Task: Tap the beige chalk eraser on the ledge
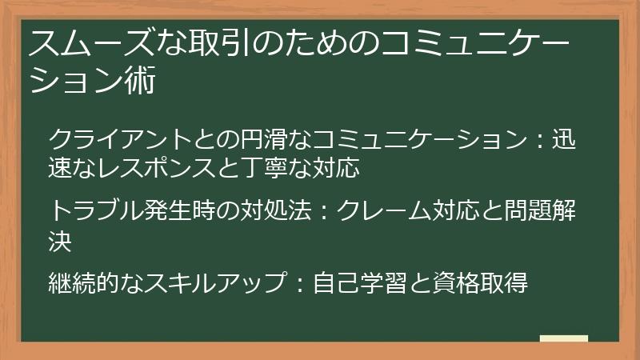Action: [x=564, y=338]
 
